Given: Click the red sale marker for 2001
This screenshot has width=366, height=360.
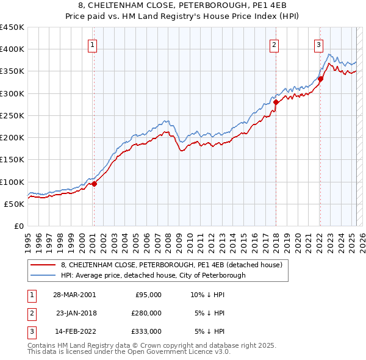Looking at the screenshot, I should coord(94,184).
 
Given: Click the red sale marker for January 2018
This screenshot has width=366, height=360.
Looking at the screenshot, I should coord(276,103).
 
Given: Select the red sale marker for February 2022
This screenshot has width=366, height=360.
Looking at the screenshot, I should coord(320,79).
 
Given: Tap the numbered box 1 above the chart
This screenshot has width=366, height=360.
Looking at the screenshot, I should coord(91,44).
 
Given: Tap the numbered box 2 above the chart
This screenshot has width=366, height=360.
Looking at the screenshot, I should coord(274,44).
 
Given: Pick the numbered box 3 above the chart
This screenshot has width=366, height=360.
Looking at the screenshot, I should coord(318,44).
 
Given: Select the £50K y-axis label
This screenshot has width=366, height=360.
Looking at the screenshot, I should coord(15,204).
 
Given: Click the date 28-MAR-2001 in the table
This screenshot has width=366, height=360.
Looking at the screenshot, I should coord(74,294).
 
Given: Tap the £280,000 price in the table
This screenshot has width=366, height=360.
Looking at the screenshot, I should coord(146,313).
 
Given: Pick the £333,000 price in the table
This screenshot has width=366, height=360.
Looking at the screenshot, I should coord(146,331).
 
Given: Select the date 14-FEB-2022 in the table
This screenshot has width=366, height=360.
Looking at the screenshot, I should coord(74,331).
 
